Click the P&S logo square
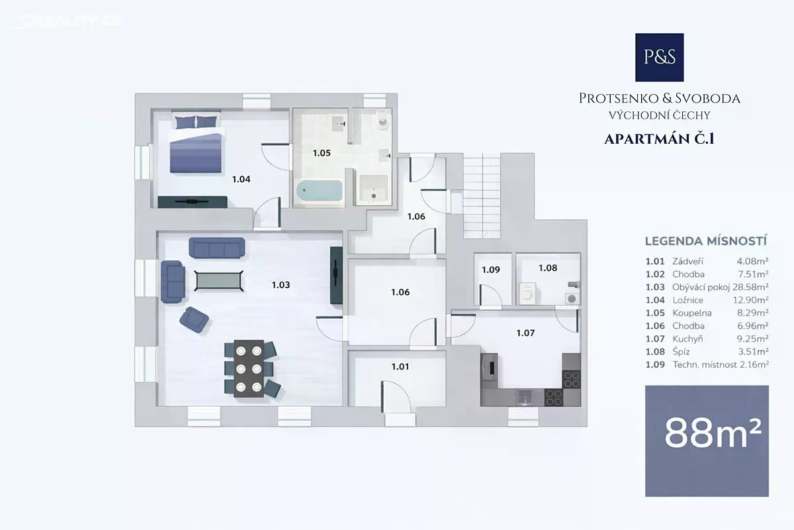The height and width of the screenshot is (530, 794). click(x=659, y=57)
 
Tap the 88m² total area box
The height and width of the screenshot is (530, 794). click(x=707, y=441)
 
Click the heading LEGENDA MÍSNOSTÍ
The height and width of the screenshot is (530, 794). click(x=706, y=241)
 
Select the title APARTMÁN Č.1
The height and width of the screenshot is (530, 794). click(x=659, y=139)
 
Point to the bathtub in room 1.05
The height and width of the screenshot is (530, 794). click(x=320, y=191)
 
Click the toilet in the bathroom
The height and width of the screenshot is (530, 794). click(x=382, y=120)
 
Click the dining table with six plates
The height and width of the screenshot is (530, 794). click(x=249, y=368)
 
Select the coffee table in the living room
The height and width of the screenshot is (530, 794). click(x=219, y=281)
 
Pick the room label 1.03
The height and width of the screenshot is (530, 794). click(x=281, y=285)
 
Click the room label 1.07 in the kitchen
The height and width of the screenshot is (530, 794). click(x=525, y=333)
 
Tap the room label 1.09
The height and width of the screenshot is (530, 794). click(x=490, y=270)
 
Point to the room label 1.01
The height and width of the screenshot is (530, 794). click(x=400, y=366)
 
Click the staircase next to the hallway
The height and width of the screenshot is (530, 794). click(x=482, y=196)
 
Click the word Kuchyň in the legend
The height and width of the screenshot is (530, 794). click(x=687, y=339)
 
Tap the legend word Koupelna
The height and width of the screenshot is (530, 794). click(x=692, y=313)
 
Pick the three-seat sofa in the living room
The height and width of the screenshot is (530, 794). click(x=217, y=247)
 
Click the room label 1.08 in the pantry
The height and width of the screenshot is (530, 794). click(x=548, y=268)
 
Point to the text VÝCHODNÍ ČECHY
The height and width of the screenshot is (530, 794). click(x=659, y=115)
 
